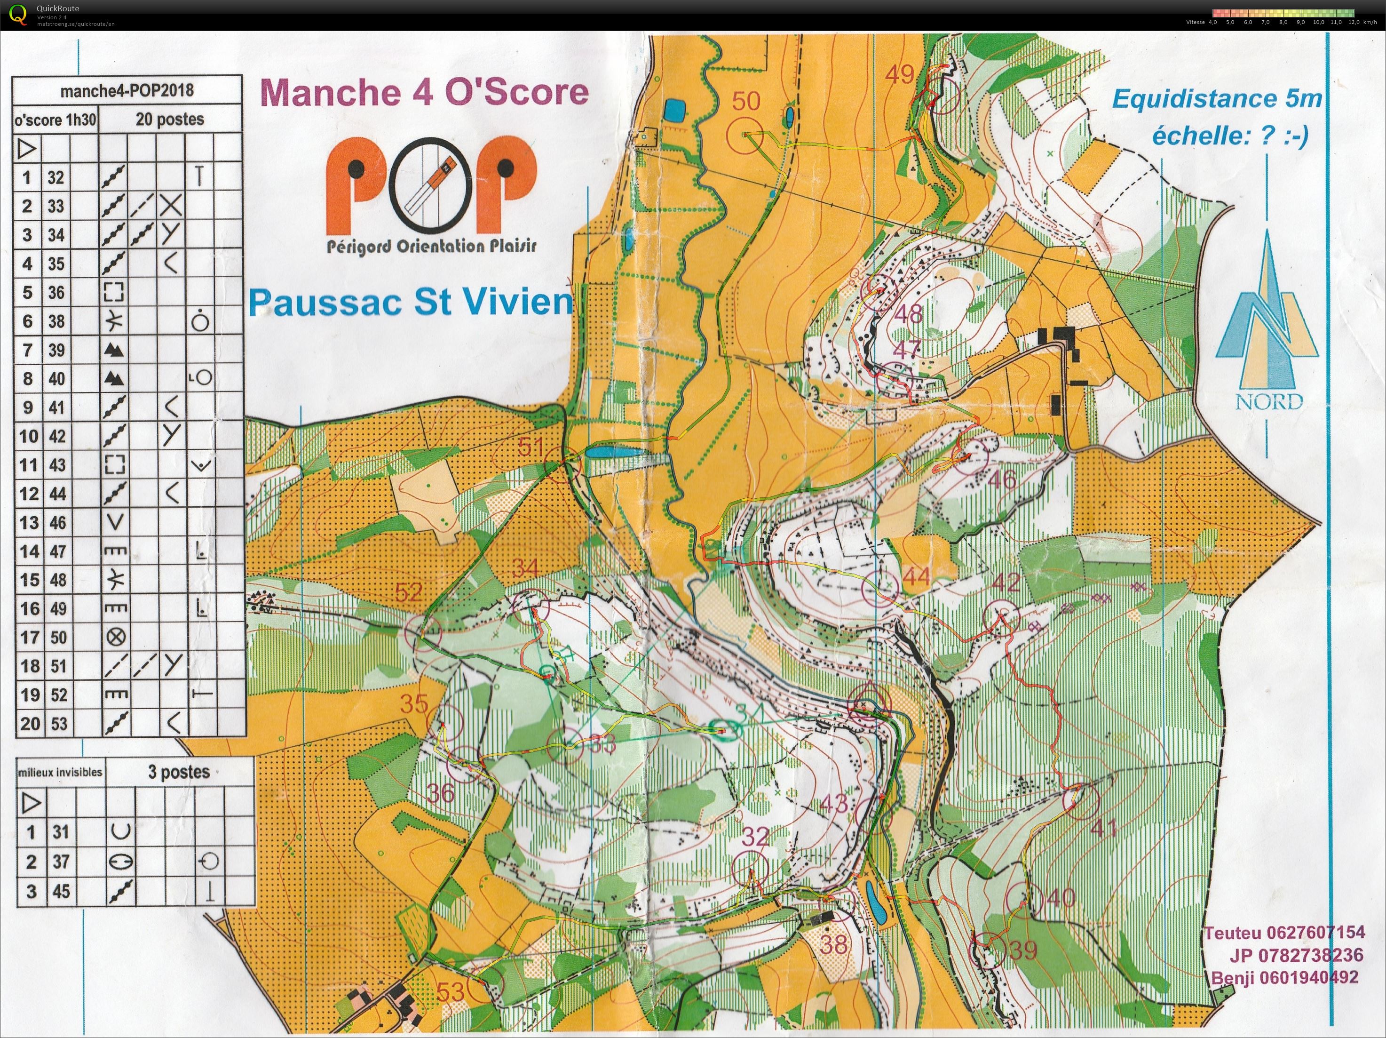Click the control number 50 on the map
tap(745, 101)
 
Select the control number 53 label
tap(450, 991)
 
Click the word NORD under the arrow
tap(1269, 401)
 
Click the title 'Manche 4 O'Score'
tap(424, 92)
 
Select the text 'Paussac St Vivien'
tap(411, 303)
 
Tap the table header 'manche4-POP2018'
tap(127, 91)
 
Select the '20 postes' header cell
tap(170, 119)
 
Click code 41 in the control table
tap(56, 407)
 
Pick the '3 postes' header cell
tap(179, 772)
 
